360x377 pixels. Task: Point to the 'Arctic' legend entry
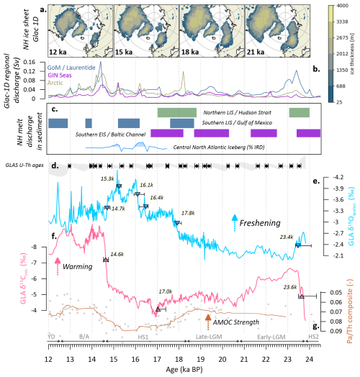click(x=66, y=83)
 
